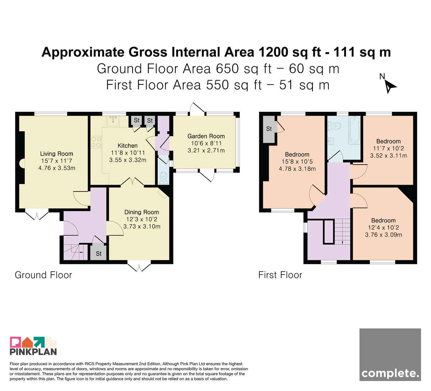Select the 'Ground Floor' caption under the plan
pyautogui.click(x=43, y=275)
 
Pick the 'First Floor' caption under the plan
pyautogui.click(x=280, y=275)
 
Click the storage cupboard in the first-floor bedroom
pyautogui.click(x=269, y=129)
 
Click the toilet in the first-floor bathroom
pyautogui.click(x=334, y=126)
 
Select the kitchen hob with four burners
pyautogui.click(x=96, y=142)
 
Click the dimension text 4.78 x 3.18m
pyautogui.click(x=297, y=169)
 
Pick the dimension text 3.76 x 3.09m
pyautogui.click(x=384, y=235)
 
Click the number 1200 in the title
pyautogui.click(x=273, y=52)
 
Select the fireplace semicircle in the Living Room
pyautogui.click(x=22, y=164)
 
